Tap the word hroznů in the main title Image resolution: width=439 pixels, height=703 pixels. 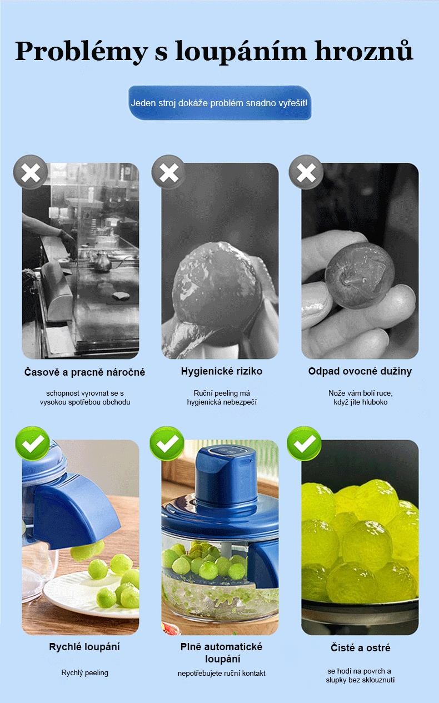(x=363, y=50)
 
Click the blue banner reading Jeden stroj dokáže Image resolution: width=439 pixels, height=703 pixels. (x=219, y=103)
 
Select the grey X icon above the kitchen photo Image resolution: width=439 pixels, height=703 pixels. (x=31, y=172)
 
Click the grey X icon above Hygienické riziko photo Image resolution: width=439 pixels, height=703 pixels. (x=168, y=172)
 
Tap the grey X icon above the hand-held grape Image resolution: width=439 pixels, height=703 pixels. (x=306, y=172)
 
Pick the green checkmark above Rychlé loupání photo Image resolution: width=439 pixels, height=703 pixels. (x=32, y=443)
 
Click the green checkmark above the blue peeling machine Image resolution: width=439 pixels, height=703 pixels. (x=167, y=443)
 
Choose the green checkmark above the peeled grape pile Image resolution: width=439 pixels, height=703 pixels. (x=304, y=443)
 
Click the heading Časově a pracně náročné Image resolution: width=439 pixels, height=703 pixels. (x=84, y=372)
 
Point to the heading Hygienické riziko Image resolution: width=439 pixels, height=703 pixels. (x=222, y=371)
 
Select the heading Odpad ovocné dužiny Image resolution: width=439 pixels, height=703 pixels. (x=360, y=371)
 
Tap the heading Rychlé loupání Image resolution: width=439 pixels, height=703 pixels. (x=84, y=647)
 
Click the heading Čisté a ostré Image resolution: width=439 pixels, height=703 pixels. (x=360, y=647)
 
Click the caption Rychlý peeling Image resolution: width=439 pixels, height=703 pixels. (x=84, y=673)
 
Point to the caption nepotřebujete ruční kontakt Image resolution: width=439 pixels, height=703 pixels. (x=222, y=673)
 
